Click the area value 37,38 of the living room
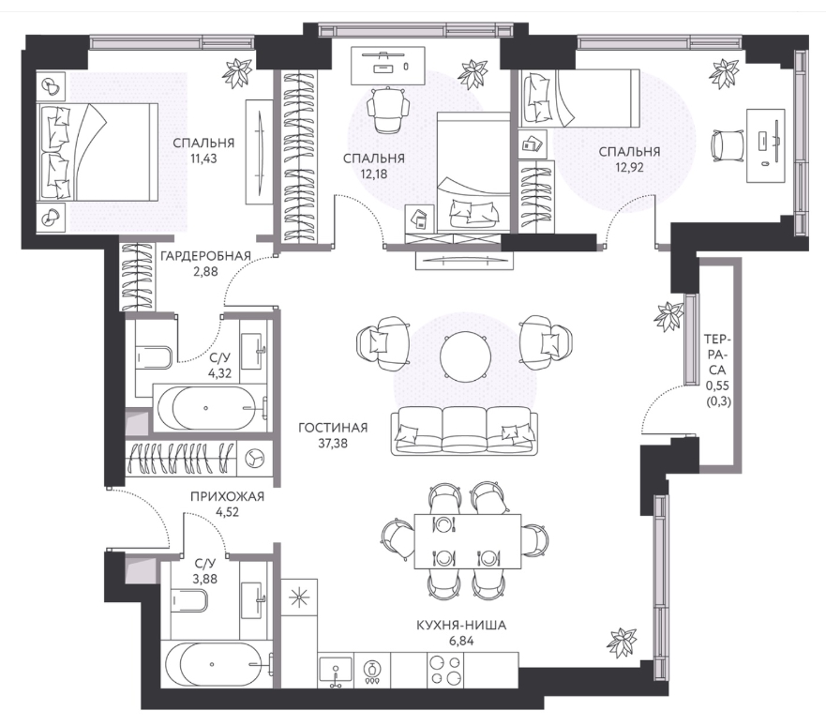(333, 443)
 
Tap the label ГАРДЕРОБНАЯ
(205, 257)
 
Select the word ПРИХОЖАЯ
(227, 496)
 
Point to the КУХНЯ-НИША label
(461, 626)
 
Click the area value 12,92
(629, 168)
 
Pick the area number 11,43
(203, 159)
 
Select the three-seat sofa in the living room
(465, 430)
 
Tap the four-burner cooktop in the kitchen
(445, 669)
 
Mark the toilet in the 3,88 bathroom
(188, 600)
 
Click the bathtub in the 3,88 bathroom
(217, 664)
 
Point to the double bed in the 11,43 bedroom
(98, 152)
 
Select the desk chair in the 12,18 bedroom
(388, 110)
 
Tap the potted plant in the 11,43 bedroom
(237, 72)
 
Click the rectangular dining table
(468, 541)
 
